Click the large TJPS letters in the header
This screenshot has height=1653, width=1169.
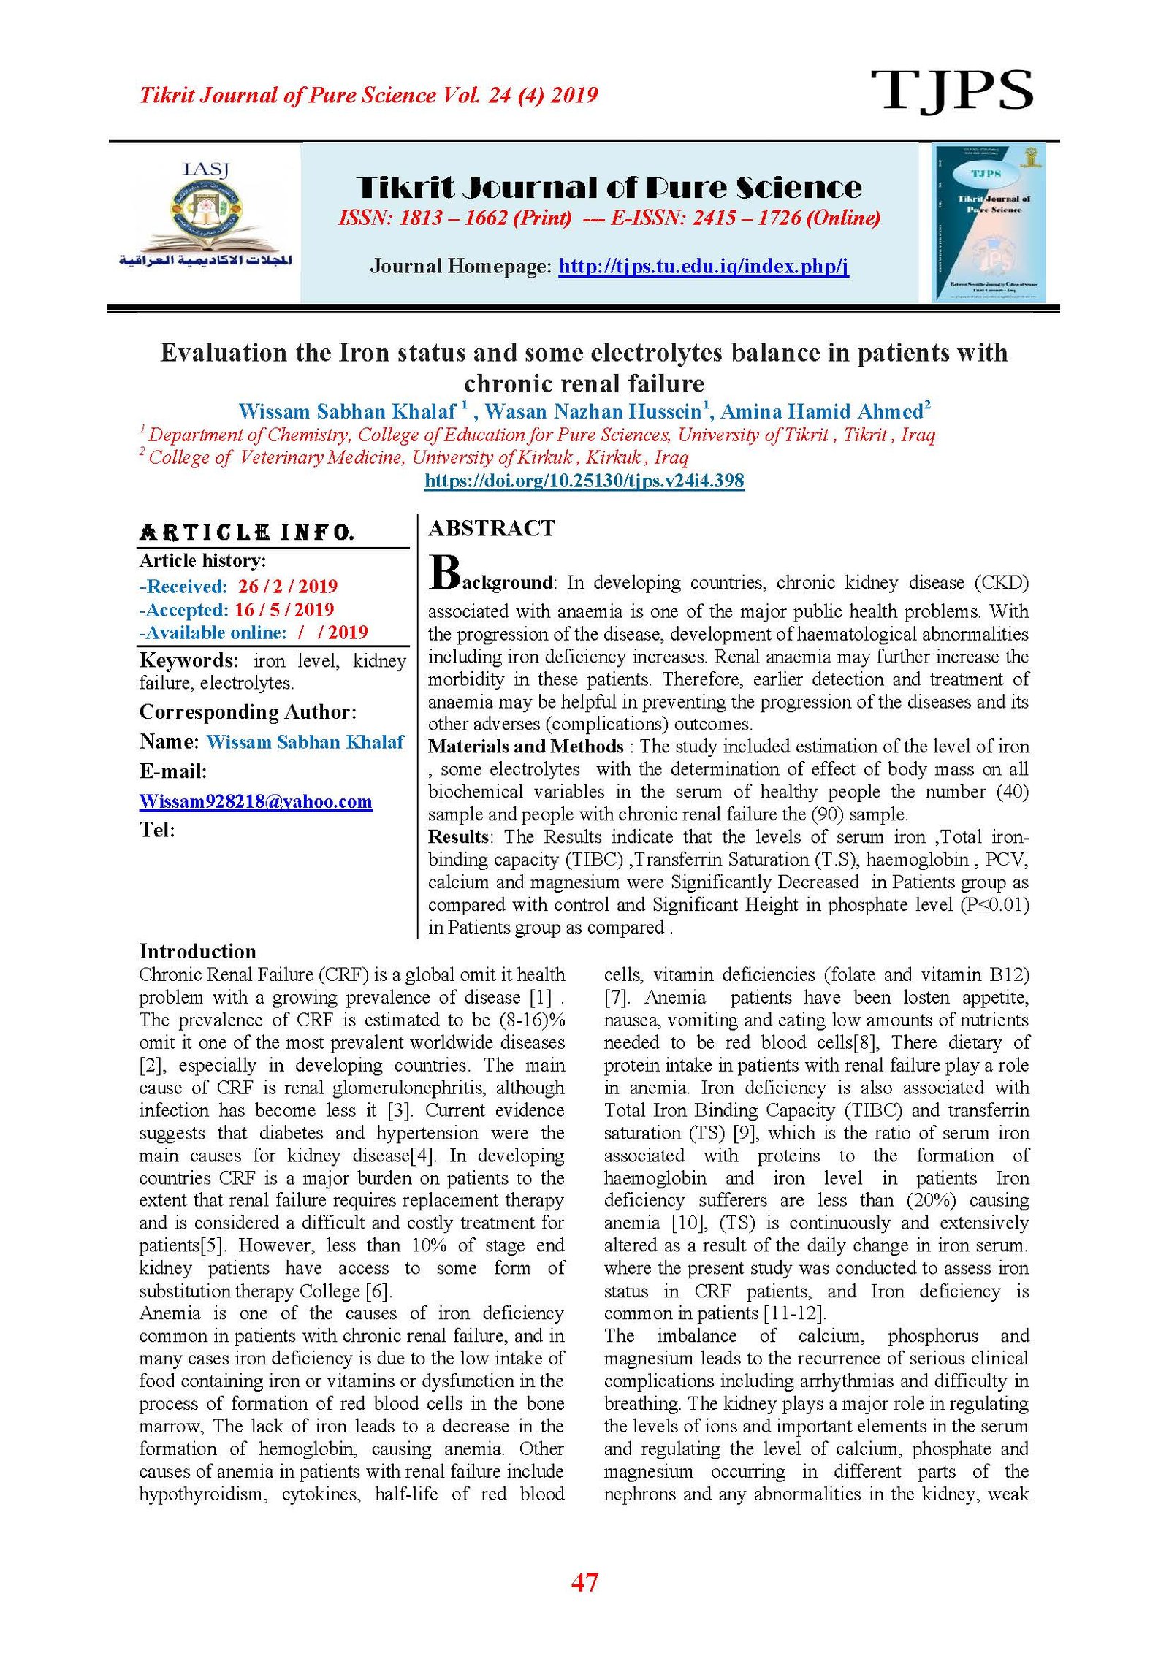[951, 91]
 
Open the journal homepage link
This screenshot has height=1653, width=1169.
[703, 266]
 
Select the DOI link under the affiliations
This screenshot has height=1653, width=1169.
[584, 481]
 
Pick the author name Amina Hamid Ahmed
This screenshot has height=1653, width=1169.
[822, 411]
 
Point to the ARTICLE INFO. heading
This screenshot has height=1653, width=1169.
[247, 532]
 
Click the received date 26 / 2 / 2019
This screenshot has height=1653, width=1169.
[287, 586]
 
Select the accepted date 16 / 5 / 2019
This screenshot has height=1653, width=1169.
[283, 609]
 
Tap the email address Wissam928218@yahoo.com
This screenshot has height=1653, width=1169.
[256, 801]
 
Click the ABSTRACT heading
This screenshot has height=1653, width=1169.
[492, 528]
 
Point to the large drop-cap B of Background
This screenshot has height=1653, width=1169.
[444, 572]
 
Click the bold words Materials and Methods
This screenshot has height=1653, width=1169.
[525, 747]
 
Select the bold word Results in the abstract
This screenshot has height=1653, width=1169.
[458, 836]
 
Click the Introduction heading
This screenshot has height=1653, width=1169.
[197, 951]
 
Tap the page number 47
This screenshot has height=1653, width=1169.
[584, 1582]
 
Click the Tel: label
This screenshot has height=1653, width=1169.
[157, 830]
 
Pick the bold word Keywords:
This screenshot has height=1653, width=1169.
[189, 660]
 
